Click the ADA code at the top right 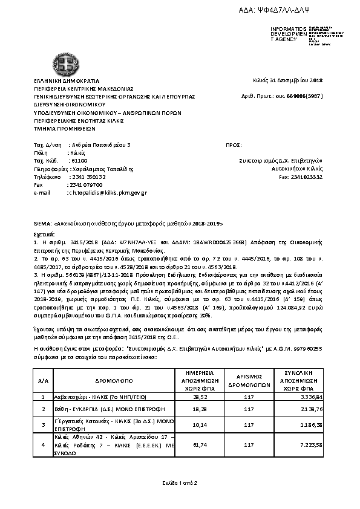tap(297, 11)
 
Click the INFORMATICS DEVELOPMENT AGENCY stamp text tap(284, 34)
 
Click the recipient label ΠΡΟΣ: tap(233, 145)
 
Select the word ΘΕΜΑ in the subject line tap(41, 222)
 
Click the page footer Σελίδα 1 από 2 tap(180, 482)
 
